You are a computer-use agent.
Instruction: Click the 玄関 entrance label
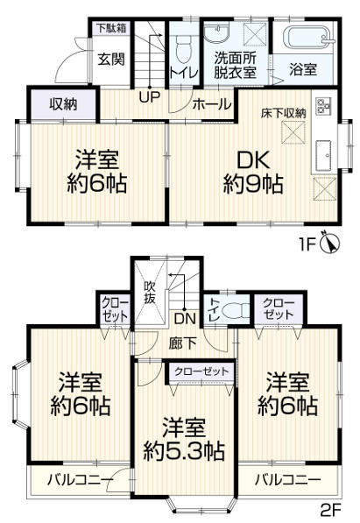[110, 60]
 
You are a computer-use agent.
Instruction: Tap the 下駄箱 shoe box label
[111, 28]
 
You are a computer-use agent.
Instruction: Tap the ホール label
[214, 104]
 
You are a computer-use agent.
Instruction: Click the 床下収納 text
[283, 112]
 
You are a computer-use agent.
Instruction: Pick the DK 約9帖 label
[252, 173]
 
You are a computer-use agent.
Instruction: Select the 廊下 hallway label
[182, 343]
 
